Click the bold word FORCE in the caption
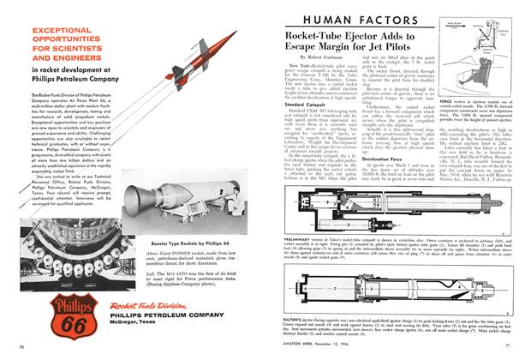coord(447,146)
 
